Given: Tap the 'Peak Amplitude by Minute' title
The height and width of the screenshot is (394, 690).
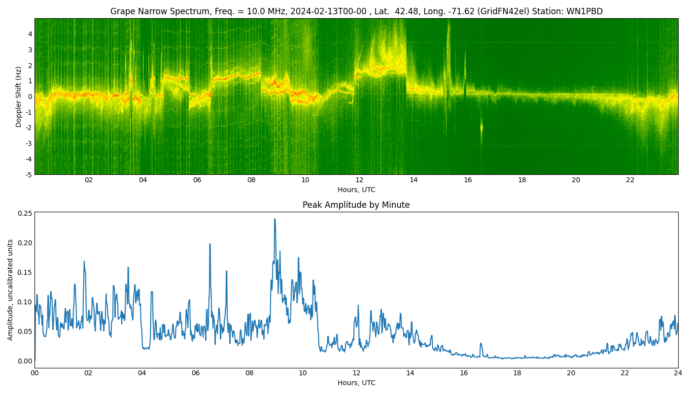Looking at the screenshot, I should pyautogui.click(x=356, y=205).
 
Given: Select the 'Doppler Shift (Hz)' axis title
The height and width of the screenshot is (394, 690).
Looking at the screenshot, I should pyautogui.click(x=19, y=97).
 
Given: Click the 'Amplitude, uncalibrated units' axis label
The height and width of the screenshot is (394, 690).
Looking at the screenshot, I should pyautogui.click(x=10, y=290).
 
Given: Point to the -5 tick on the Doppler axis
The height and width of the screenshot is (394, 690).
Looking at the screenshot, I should pyautogui.click(x=29, y=174).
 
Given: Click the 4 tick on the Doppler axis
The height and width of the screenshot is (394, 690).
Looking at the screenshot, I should pyautogui.click(x=30, y=34).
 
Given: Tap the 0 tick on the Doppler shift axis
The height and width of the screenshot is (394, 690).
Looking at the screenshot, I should pyautogui.click(x=30, y=97).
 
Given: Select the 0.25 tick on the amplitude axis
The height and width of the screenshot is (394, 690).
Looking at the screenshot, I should pyautogui.click(x=25, y=213).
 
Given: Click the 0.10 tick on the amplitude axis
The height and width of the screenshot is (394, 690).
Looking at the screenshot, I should pyautogui.click(x=25, y=302).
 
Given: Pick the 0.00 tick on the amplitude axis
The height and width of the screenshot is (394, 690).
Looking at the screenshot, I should pyautogui.click(x=25, y=361).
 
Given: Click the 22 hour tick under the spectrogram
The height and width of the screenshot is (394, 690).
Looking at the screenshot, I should pyautogui.click(x=630, y=180).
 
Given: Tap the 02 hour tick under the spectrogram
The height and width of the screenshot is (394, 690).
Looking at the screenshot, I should pyautogui.click(x=89, y=180).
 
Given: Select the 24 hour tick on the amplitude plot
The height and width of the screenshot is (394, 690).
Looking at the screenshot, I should pyautogui.click(x=678, y=373).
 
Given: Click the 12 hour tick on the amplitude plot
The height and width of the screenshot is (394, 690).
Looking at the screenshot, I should pyautogui.click(x=356, y=373).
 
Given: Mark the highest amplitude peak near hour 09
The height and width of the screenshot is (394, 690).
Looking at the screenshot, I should pyautogui.click(x=275, y=219).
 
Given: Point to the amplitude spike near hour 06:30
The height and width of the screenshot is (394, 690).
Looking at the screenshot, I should pyautogui.click(x=209, y=244).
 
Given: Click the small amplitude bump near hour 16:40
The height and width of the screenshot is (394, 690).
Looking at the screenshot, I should pyautogui.click(x=481, y=344).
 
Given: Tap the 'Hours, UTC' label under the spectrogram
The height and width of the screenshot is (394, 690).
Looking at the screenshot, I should pyautogui.click(x=356, y=190).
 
